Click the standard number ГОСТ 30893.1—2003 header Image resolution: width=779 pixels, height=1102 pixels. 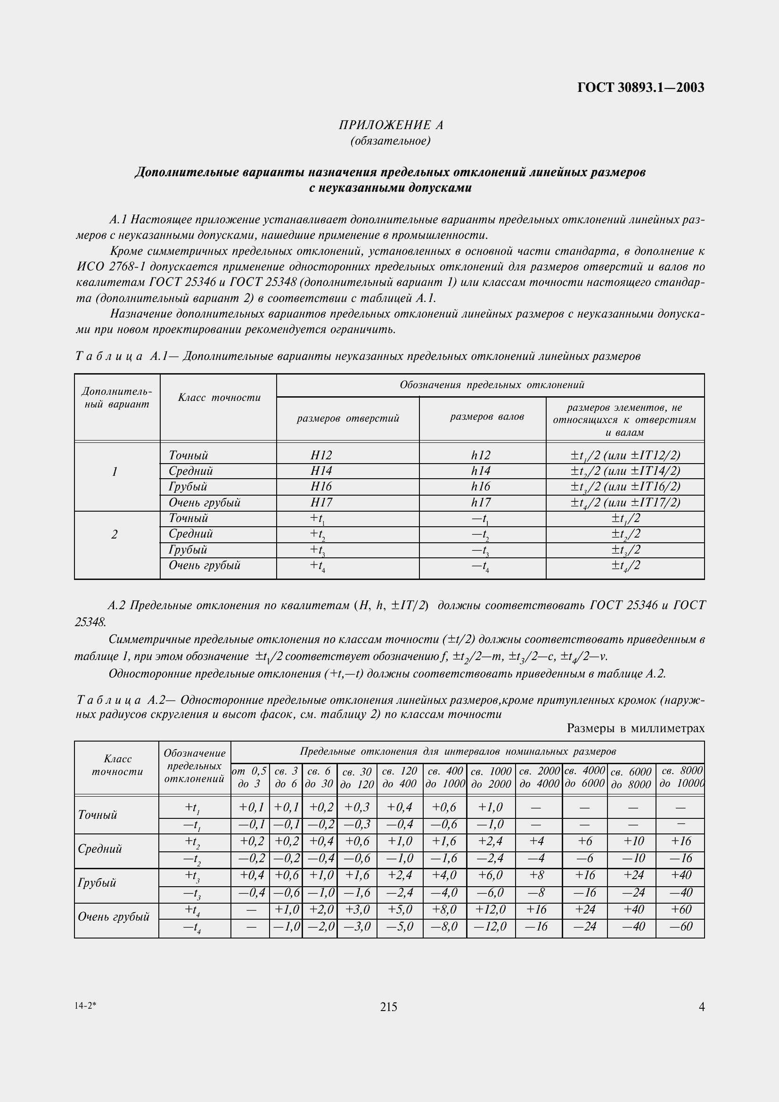coord(641,87)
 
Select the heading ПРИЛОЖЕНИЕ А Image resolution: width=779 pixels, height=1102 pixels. coord(391,125)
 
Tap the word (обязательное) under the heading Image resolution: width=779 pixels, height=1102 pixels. coord(391,141)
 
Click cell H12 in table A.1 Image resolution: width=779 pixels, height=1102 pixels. coord(321,455)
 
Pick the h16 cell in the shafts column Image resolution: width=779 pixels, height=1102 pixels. coord(481,487)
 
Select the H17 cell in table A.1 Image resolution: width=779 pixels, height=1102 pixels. coord(321,503)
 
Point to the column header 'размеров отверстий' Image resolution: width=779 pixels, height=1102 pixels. coord(347,418)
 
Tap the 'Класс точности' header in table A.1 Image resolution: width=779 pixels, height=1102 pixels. coord(219,398)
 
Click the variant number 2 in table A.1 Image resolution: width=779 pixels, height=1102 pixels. coord(114,534)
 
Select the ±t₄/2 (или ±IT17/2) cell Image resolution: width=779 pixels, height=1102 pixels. coord(625,503)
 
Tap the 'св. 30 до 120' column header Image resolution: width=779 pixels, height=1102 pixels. coord(357,778)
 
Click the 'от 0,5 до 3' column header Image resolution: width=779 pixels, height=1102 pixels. coord(250,777)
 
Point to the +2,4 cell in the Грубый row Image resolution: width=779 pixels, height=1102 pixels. coord(399,875)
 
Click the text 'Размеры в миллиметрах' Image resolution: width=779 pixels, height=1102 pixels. coord(635,728)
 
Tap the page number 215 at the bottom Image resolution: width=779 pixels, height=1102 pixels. coord(388,1007)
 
